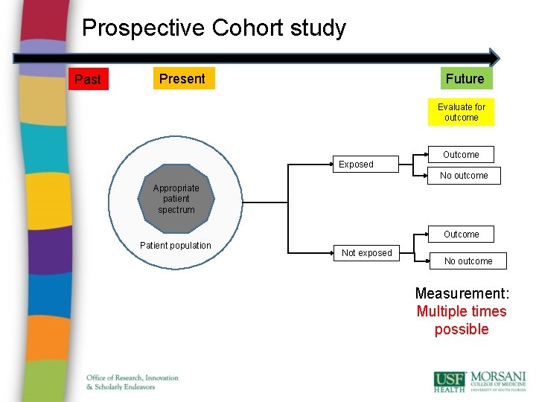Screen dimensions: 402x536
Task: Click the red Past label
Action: tap(88, 79)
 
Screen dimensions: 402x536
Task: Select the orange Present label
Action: tap(182, 78)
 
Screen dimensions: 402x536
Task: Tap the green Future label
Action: tap(465, 78)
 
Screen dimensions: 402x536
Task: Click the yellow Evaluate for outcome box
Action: tap(461, 112)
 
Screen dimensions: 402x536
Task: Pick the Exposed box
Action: tap(356, 165)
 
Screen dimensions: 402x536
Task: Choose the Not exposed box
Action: tap(366, 253)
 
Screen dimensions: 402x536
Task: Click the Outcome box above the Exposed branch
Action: tap(461, 155)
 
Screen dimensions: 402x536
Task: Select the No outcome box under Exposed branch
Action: tap(464, 176)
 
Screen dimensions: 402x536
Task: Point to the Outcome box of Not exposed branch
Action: tap(461, 234)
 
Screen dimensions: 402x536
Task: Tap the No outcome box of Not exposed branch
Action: tap(468, 261)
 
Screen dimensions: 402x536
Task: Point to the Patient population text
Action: tap(176, 246)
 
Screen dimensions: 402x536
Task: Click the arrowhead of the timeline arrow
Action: tap(493, 57)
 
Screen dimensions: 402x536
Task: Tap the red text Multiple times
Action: tap(461, 311)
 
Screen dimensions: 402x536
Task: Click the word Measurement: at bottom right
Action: tap(462, 293)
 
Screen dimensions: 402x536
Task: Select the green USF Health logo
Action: tap(450, 381)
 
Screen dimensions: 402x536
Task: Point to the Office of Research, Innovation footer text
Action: tap(133, 378)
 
